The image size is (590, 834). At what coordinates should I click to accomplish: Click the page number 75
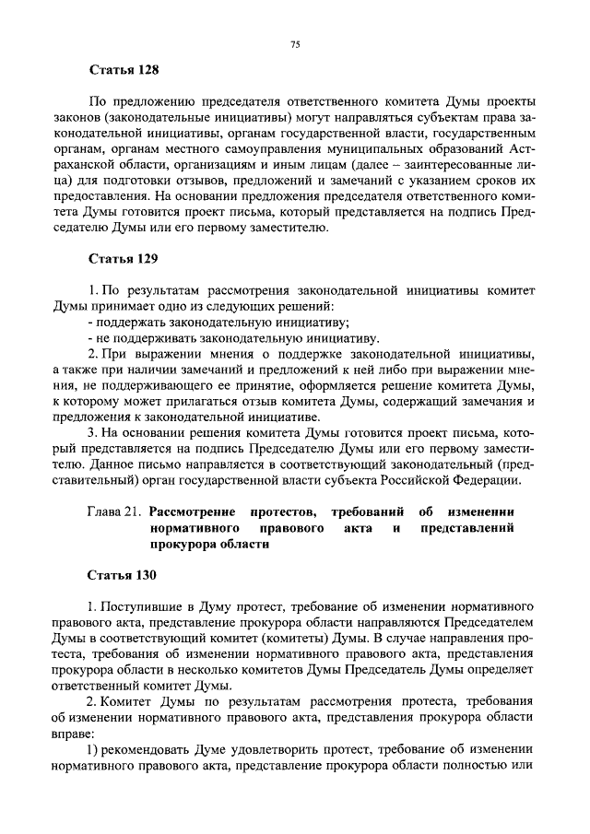(295, 43)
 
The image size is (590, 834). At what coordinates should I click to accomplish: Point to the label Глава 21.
(115, 511)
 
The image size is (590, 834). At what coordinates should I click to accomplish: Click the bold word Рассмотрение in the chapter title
(195, 511)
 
